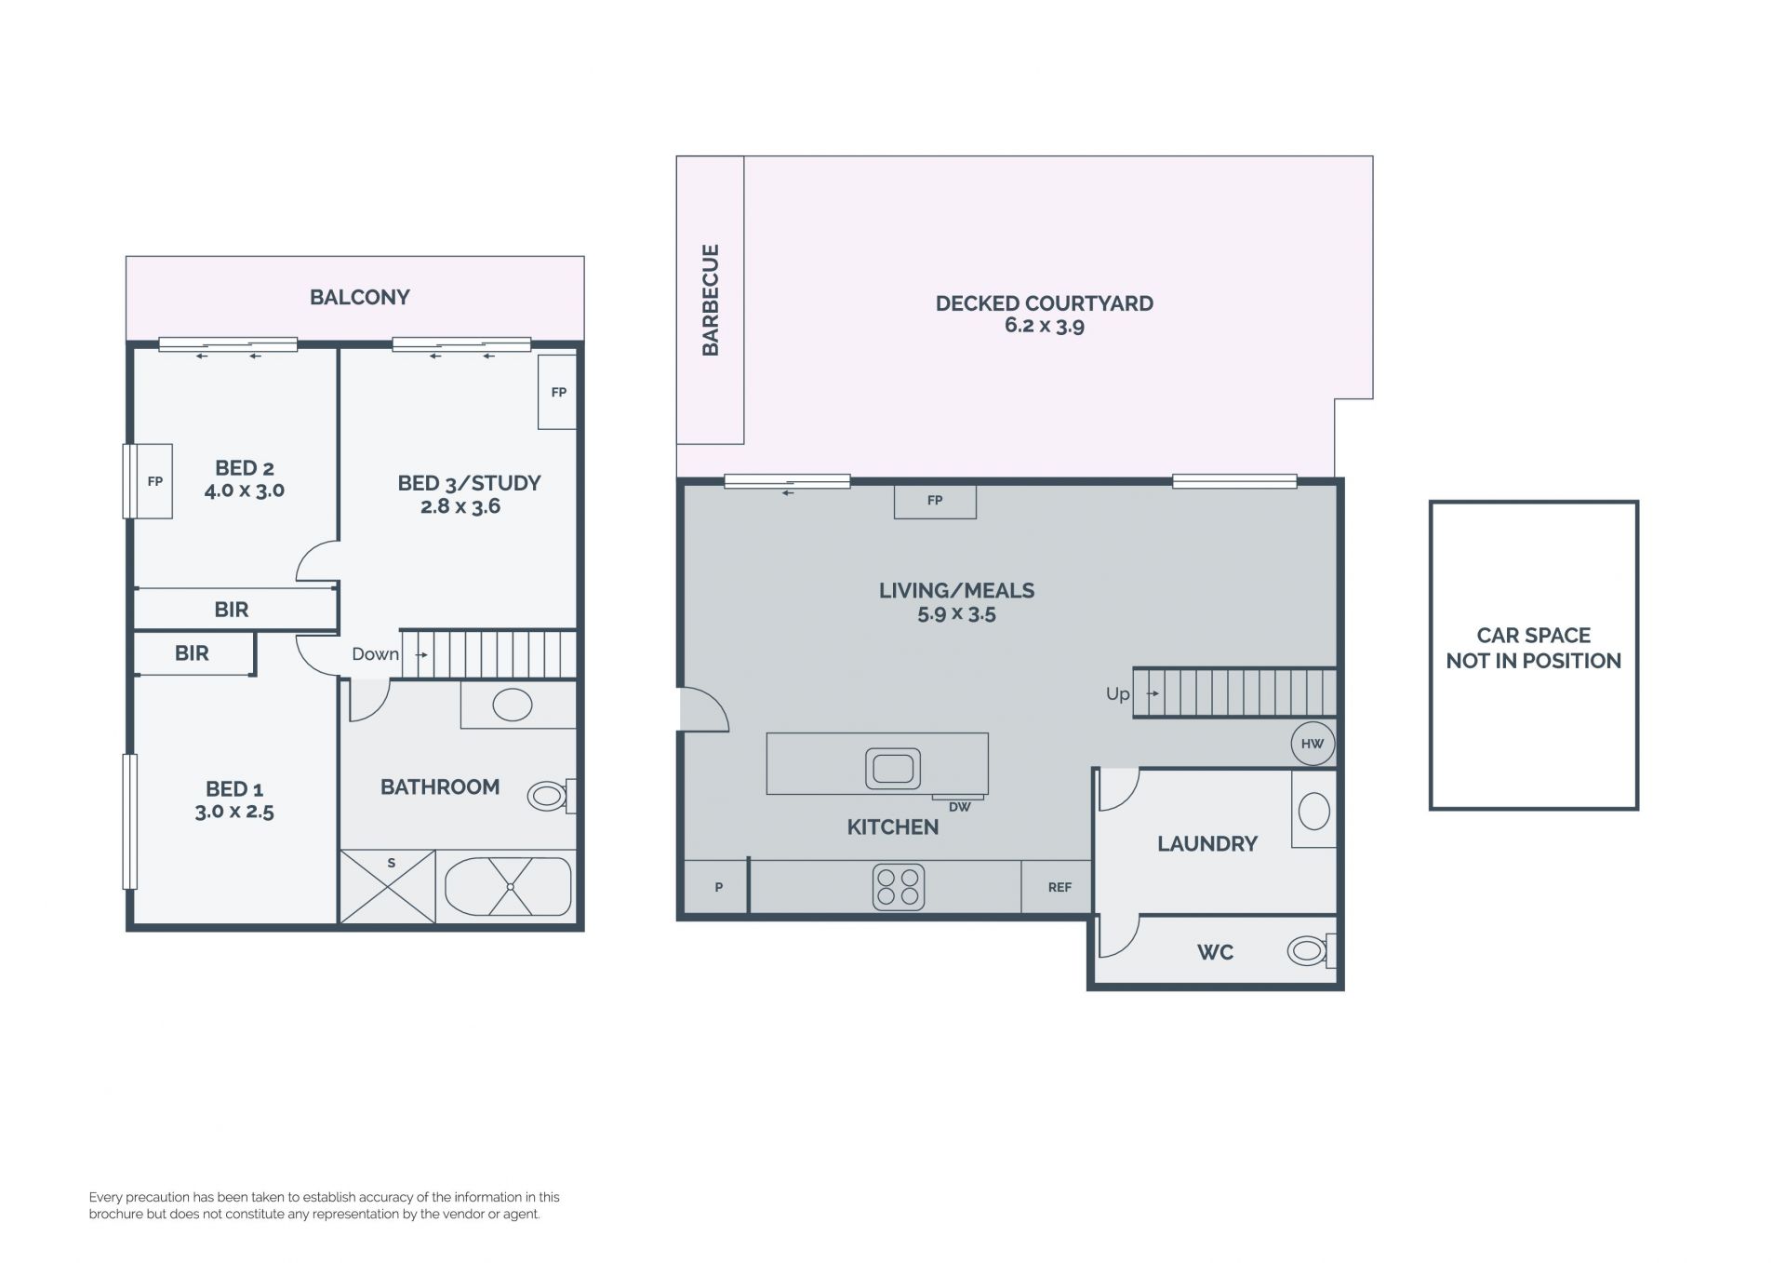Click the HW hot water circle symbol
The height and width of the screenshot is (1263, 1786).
pos(1313,744)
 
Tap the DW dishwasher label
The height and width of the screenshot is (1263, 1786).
pos(959,807)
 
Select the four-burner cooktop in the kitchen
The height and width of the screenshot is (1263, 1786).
pos(899,887)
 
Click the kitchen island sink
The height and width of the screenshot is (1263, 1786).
pos(893,769)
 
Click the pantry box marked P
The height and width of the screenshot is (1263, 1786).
pos(717,887)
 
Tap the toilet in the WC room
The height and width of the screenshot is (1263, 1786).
pos(1312,950)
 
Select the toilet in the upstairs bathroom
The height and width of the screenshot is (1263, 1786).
pos(552,796)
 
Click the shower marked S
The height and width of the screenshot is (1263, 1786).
pos(388,886)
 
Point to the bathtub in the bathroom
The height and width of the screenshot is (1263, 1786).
pos(508,886)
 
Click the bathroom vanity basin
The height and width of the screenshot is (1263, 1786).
pos(513,705)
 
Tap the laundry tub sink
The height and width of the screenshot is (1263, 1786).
pos(1314,811)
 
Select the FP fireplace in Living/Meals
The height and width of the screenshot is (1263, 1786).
pos(935,501)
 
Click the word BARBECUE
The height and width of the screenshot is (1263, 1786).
pos(711,300)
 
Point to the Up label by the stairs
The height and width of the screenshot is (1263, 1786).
pos(1117,694)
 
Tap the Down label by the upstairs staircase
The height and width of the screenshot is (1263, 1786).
pos(375,654)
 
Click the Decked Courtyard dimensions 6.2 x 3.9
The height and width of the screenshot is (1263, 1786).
pos(1045,326)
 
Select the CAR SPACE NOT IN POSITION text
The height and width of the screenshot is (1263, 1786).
pos(1534,648)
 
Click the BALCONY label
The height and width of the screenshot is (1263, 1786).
pos(360,297)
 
